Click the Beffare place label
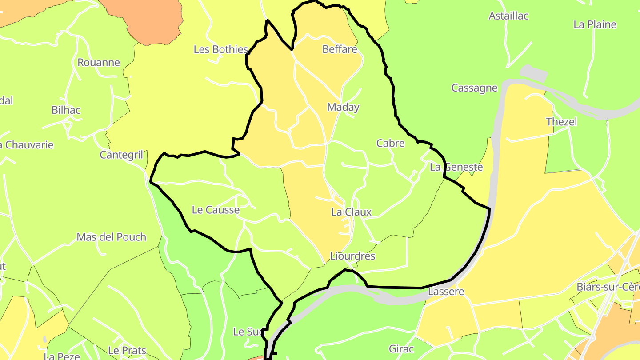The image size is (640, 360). pos(340,49)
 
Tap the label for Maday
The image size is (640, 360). pos(343,107)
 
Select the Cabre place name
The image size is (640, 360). pos(391,143)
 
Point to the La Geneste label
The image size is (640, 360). pos(456,167)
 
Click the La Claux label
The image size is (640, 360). pos(351,212)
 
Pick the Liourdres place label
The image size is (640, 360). pos(352,256)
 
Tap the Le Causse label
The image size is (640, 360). pos(216,210)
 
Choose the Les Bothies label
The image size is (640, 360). pos(220,49)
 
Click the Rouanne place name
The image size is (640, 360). pos(99,62)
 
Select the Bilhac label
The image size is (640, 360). pos(66,110)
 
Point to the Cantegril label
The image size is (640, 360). pos(121,155)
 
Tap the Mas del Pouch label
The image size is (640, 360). pos(111,237)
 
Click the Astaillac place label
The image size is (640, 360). pos(508,16)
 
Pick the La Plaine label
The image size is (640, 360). pos(595,24)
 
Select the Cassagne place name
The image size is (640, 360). pos(474,88)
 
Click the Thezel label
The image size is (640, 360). pos(561,122)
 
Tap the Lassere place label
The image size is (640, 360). pos(446,292)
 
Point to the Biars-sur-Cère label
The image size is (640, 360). pos(608,287)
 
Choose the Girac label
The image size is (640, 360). pos(401,349)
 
